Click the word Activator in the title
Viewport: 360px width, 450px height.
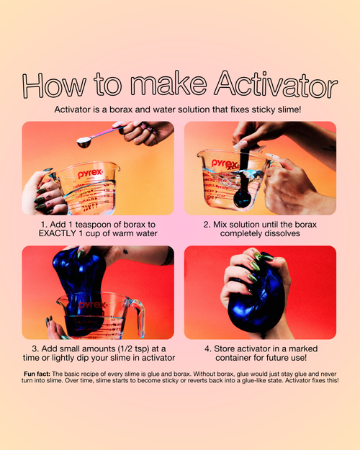click(276, 84)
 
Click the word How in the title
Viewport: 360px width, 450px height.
click(54, 85)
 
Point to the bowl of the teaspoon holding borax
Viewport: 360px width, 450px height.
click(84, 143)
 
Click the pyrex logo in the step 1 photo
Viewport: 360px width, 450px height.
click(90, 174)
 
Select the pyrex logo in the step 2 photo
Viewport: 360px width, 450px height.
click(225, 164)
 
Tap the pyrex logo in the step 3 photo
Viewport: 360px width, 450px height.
click(92, 305)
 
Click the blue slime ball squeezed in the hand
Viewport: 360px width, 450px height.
click(255, 302)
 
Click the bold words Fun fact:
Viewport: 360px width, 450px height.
click(37, 374)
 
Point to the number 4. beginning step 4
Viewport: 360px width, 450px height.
click(208, 349)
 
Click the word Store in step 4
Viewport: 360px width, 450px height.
click(224, 349)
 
